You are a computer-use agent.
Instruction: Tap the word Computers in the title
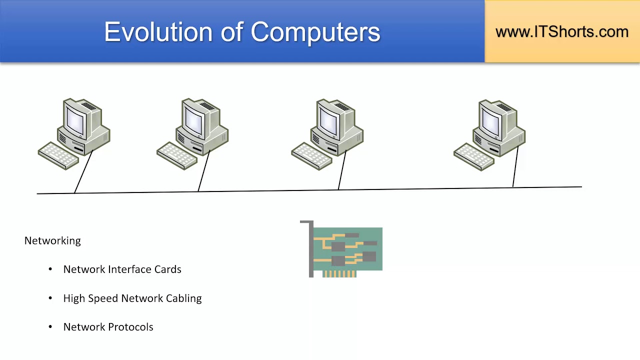(315, 32)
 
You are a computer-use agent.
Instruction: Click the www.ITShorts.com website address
(561, 31)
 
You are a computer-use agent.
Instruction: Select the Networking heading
(52, 240)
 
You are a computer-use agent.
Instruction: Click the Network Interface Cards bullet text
(122, 269)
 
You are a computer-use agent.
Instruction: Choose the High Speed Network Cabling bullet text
(132, 298)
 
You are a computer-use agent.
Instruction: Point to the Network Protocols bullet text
(108, 327)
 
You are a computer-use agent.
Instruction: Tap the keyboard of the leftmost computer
(58, 155)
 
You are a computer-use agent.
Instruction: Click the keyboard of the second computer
(177, 155)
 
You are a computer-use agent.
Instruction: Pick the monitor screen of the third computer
(329, 120)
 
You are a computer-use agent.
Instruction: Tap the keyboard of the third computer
(311, 155)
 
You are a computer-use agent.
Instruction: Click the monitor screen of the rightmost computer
(491, 121)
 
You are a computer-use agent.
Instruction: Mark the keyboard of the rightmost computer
(473, 156)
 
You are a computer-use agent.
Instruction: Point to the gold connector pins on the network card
(339, 273)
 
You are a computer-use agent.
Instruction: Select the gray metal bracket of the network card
(310, 250)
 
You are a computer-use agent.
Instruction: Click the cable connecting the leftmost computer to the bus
(83, 171)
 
